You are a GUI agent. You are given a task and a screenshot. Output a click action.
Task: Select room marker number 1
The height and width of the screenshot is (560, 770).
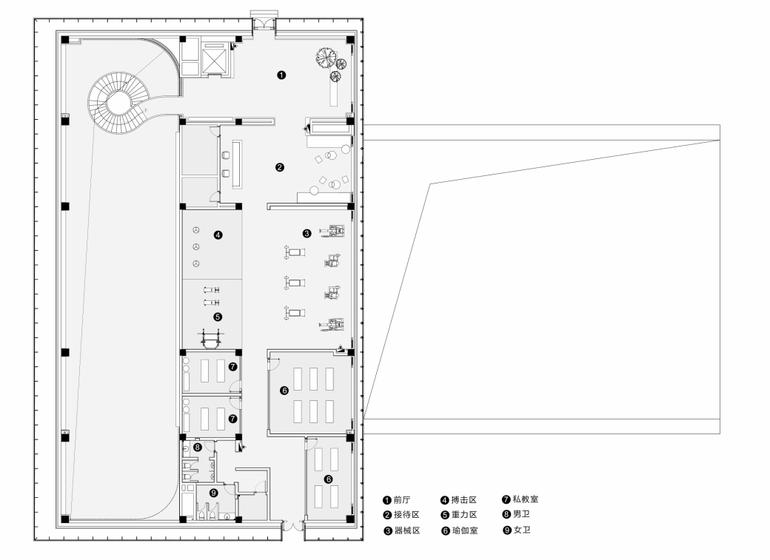pos(281,75)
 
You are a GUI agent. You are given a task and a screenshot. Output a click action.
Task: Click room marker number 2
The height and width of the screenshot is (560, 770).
pos(280,167)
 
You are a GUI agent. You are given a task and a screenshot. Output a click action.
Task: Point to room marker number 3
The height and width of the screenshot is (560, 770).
pos(307,234)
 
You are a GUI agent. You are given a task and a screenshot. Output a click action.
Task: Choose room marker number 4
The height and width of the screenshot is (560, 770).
pos(218,235)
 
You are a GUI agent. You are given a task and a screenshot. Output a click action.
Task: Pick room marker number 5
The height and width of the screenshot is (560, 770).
pos(218,317)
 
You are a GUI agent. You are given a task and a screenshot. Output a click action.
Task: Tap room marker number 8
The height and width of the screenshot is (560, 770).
pos(198,447)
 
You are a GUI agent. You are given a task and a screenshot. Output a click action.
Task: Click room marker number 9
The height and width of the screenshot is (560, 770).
pos(214,493)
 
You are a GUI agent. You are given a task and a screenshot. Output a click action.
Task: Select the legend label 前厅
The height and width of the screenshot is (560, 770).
pos(402,500)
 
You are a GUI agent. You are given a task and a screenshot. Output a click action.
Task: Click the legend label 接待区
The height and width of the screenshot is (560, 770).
pos(406,515)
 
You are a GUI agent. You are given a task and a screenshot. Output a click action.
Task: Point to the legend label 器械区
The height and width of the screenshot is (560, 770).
pos(407,530)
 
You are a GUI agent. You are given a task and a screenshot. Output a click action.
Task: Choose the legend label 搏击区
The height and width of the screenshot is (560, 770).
pos(464,500)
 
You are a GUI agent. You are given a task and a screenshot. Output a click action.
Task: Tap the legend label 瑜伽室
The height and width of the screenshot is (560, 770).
pos(464,530)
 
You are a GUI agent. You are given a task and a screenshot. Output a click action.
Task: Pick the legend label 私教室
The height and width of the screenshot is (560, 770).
pos(526,499)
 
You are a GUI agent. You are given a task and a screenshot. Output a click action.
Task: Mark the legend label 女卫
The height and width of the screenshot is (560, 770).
pos(522,530)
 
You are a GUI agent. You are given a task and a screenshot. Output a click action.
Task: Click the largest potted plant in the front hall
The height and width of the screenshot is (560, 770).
pos(325,56)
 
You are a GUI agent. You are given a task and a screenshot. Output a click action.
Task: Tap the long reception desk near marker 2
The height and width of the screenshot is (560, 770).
pos(238,164)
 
